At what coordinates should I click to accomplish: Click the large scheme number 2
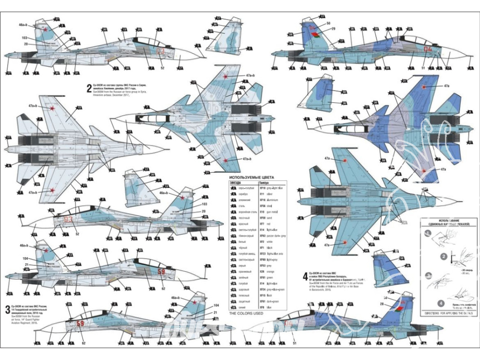click(89, 88)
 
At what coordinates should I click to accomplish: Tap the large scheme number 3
click(7, 308)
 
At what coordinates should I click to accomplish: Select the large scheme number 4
click(305, 276)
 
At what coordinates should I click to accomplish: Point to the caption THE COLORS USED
click(246, 313)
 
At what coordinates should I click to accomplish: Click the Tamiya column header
click(264, 183)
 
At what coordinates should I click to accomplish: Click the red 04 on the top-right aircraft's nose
click(428, 48)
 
